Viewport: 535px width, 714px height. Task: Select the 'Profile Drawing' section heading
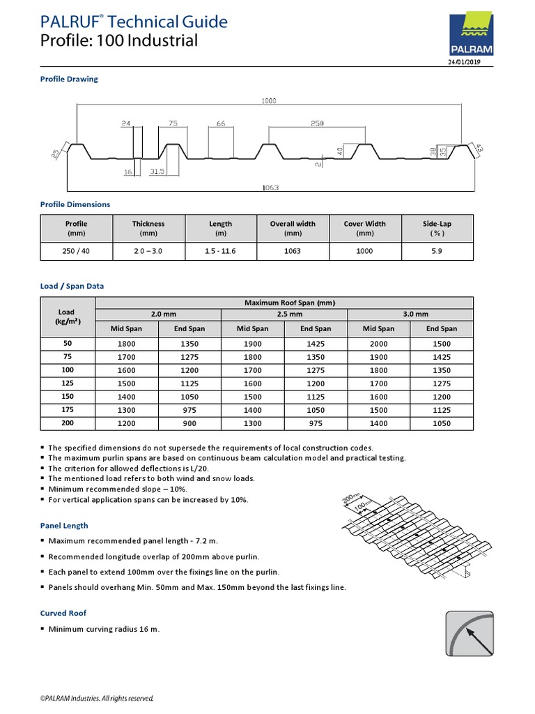click(69, 79)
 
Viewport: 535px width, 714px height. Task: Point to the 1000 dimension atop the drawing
click(269, 101)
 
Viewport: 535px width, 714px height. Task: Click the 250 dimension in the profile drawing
click(317, 123)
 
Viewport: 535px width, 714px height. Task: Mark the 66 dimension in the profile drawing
click(220, 123)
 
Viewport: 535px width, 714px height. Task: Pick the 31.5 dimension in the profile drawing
click(156, 171)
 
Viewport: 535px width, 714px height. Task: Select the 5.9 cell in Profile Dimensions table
click(437, 251)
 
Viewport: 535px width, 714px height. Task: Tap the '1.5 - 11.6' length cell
click(221, 251)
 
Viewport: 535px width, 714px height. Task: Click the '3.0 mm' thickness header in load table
click(410, 315)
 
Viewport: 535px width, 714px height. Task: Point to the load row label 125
click(67, 383)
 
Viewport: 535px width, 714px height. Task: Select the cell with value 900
click(189, 423)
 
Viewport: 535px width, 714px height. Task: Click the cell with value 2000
click(378, 344)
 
